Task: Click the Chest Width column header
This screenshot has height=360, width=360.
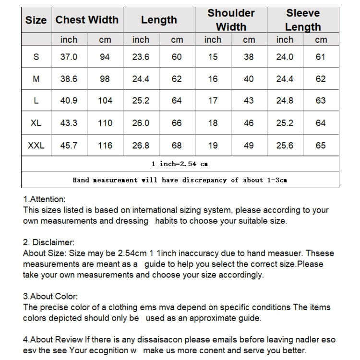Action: pyautogui.click(x=87, y=20)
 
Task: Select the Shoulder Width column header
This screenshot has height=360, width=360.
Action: pyautogui.click(x=231, y=20)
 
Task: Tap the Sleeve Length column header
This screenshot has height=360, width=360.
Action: pyautogui.click(x=303, y=20)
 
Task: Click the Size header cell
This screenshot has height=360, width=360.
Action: pyautogui.click(x=36, y=20)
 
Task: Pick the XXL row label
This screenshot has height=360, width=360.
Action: pyautogui.click(x=36, y=145)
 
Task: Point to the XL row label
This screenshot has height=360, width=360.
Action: pyautogui.click(x=36, y=123)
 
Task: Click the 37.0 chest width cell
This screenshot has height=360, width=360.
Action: pyautogui.click(x=69, y=57)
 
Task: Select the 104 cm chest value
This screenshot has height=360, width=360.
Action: pyautogui.click(x=105, y=101)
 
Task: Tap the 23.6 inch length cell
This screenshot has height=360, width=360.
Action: pyautogui.click(x=141, y=57)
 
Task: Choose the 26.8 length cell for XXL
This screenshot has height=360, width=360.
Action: pyautogui.click(x=141, y=145)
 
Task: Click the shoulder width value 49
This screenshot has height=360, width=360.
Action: pyautogui.click(x=249, y=145)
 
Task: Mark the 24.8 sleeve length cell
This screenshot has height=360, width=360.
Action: pyautogui.click(x=285, y=101)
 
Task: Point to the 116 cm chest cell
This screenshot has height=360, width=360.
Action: pyautogui.click(x=105, y=145)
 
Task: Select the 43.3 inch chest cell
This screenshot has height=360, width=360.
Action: pyautogui.click(x=69, y=123)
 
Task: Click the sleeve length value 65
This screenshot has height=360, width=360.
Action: pyautogui.click(x=321, y=145)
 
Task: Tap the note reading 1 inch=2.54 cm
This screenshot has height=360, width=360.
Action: pyautogui.click(x=180, y=164)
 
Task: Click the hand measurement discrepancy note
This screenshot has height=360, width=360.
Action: pyautogui.click(x=180, y=180)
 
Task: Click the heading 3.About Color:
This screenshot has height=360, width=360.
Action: pyautogui.click(x=50, y=297)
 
